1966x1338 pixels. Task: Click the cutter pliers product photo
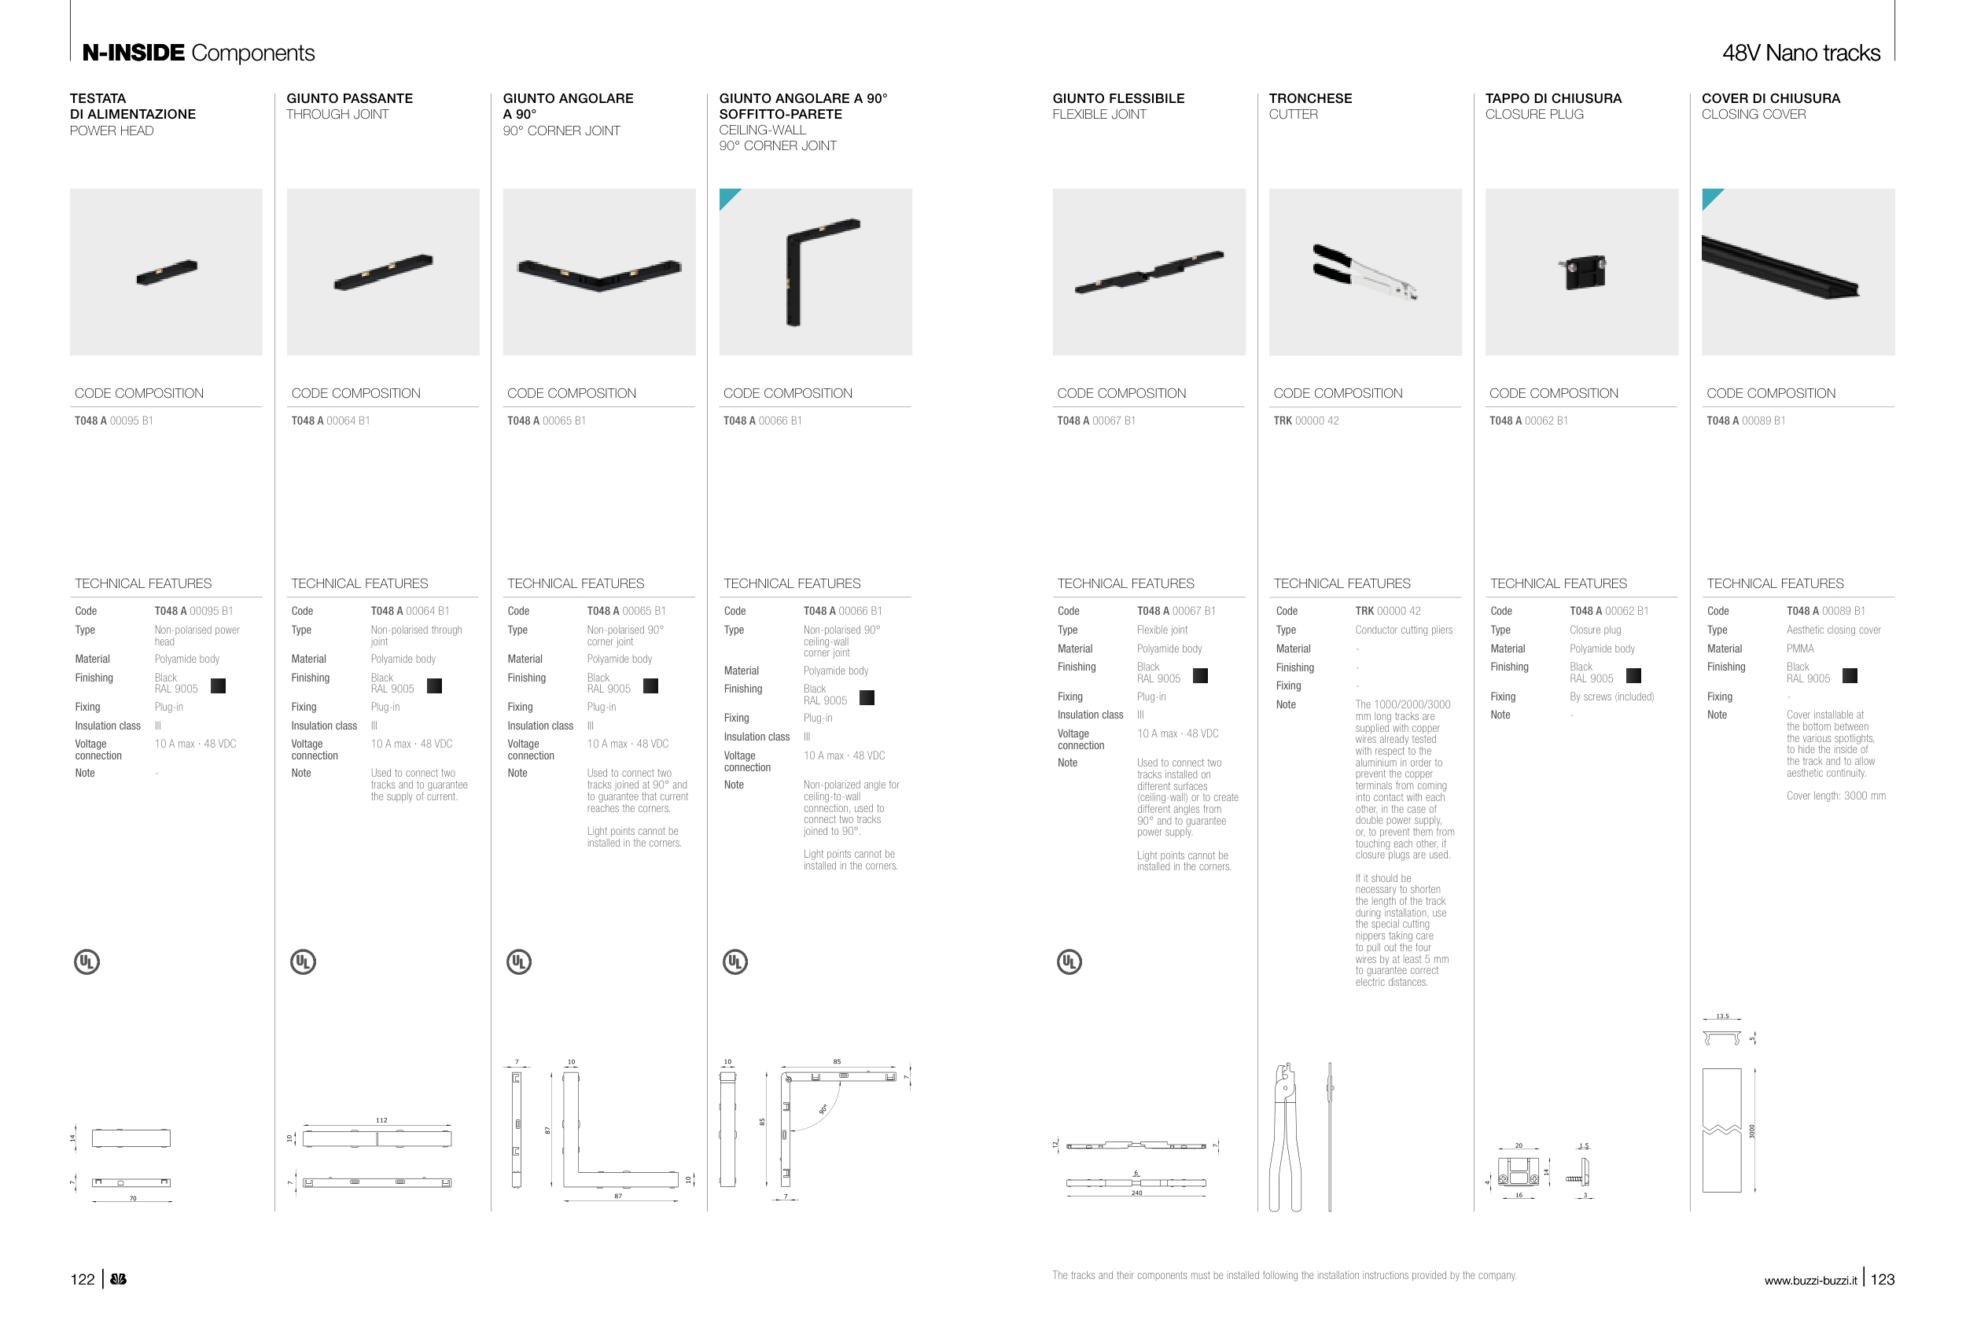coord(1364,272)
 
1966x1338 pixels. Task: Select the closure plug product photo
coord(1581,272)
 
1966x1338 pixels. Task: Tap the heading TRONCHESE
coord(1309,98)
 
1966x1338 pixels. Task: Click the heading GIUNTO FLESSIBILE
coord(1117,98)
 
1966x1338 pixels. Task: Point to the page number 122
coord(82,1279)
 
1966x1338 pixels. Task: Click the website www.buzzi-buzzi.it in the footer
coord(1810,1281)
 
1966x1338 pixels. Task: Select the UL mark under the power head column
coord(87,961)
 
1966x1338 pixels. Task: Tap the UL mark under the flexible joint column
coord(1069,961)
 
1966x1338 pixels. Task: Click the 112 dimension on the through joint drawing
coord(381,1119)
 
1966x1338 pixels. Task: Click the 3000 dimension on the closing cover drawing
coord(1751,1130)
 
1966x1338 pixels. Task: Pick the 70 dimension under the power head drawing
coord(133,1198)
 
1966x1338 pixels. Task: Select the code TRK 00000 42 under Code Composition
coord(1305,421)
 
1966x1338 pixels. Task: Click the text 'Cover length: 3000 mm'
coord(1835,796)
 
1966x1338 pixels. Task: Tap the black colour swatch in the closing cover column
coord(1850,675)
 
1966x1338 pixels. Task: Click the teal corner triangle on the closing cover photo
coord(1709,197)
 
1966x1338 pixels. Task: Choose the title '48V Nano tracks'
coord(1800,53)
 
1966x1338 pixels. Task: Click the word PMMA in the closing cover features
coord(1799,649)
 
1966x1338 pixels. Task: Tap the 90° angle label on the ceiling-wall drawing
coord(823,1108)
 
